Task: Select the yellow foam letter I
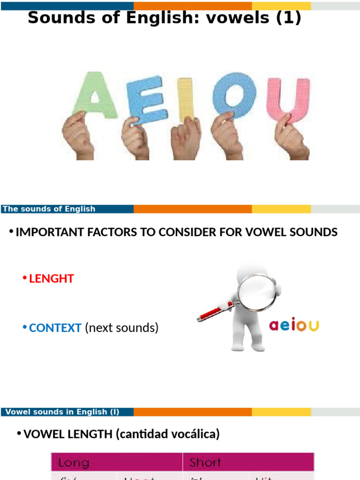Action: tap(186, 98)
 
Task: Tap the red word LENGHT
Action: tap(52, 278)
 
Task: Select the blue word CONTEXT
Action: tap(55, 328)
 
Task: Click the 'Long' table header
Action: tap(73, 463)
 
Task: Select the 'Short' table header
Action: tap(205, 463)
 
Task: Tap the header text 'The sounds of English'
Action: tap(49, 209)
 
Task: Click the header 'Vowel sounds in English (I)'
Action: tap(60, 412)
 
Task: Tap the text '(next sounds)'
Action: tap(122, 328)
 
